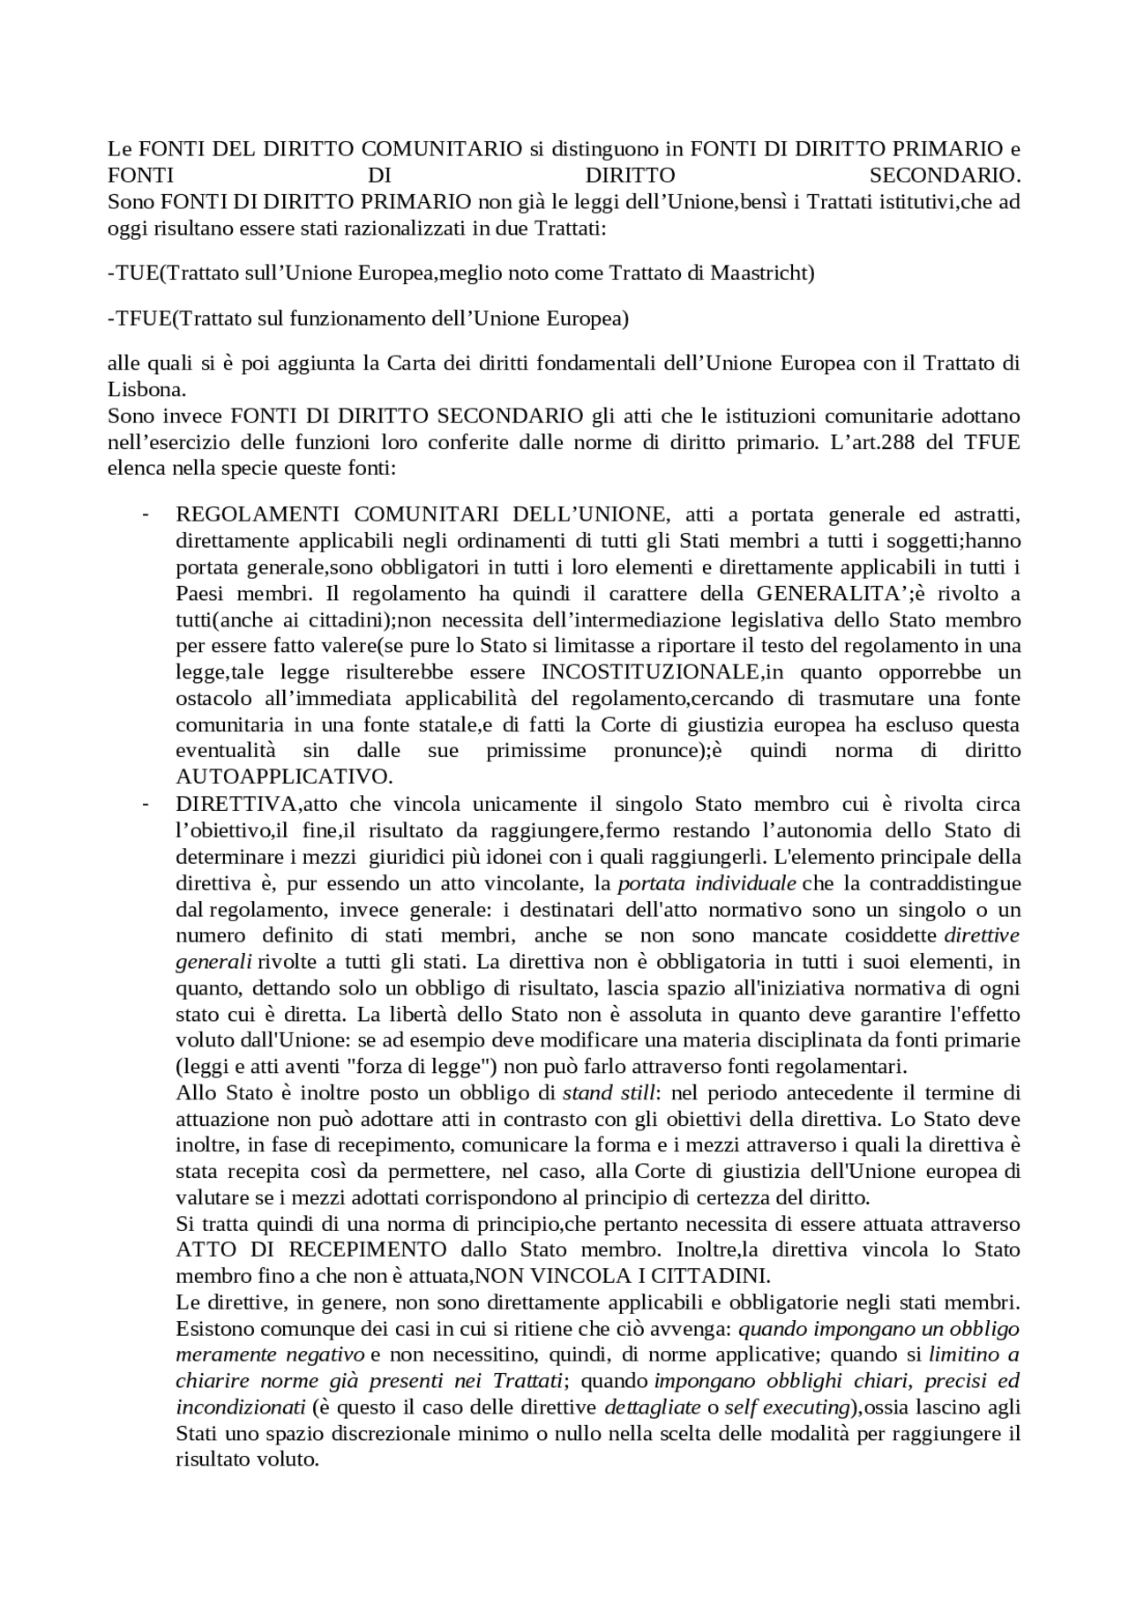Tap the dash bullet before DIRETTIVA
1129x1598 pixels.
tap(145, 805)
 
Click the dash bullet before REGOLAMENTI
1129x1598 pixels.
tap(145, 514)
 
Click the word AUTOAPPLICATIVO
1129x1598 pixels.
tap(284, 777)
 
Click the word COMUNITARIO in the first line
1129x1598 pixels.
tap(441, 148)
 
